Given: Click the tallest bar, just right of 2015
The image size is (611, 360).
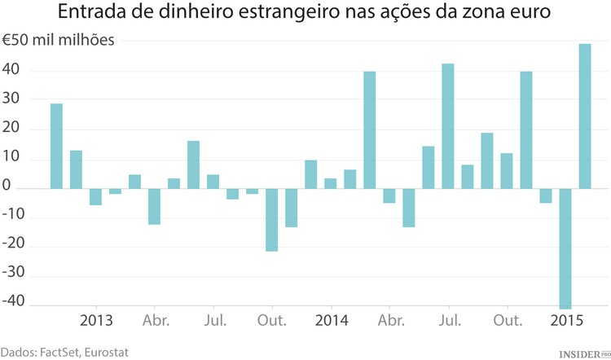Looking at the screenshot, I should click(585, 116).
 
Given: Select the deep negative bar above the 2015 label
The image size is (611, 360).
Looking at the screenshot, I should click(565, 248).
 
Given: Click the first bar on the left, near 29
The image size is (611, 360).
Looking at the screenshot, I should click(56, 147).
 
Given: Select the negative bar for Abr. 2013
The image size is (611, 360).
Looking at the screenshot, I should click(154, 206).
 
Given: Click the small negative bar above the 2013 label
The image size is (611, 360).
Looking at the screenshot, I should click(95, 197).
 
